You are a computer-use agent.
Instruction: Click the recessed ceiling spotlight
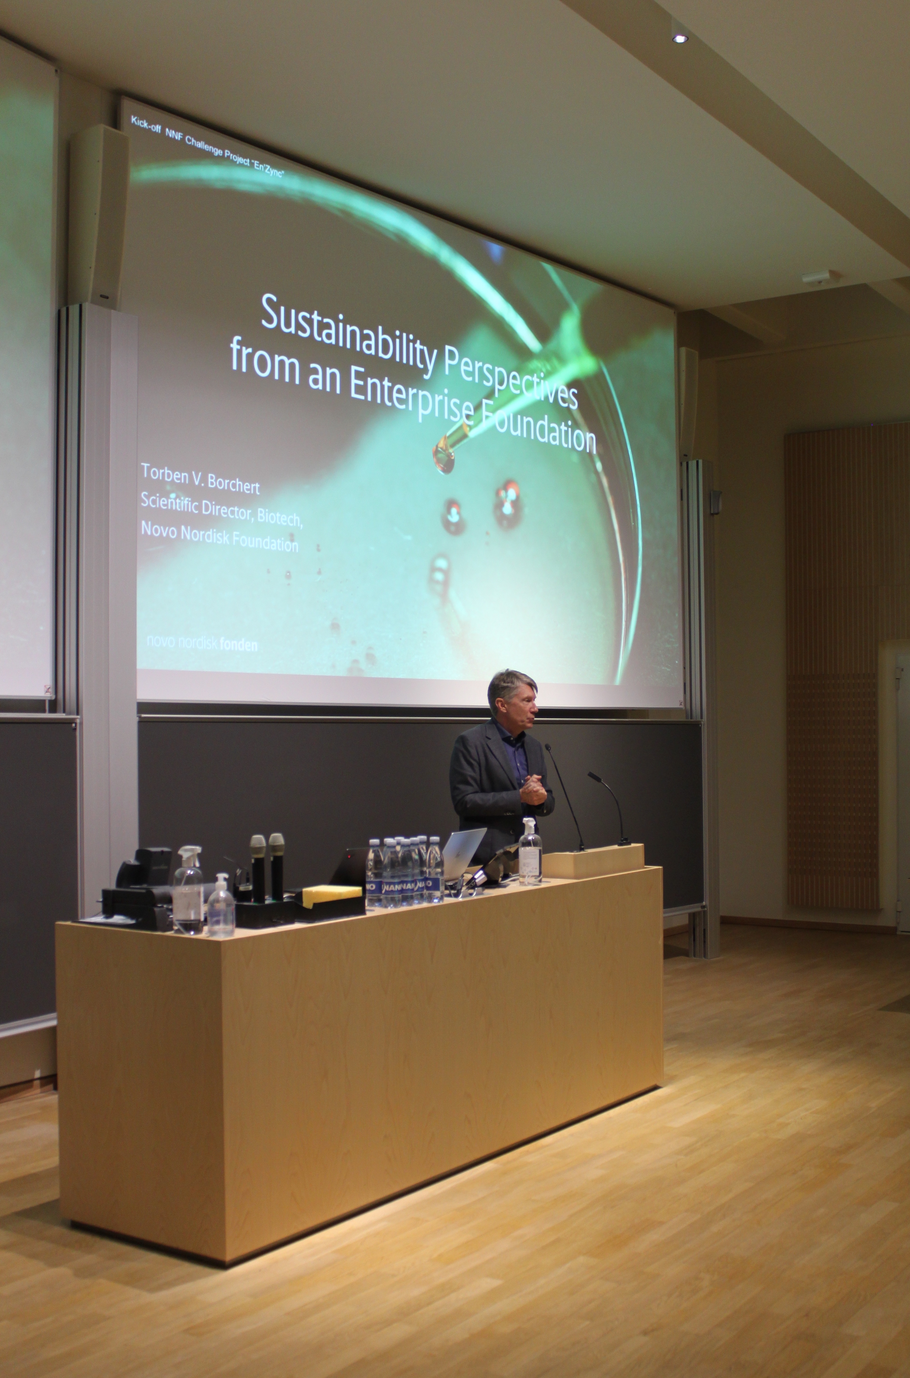pyautogui.click(x=680, y=38)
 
